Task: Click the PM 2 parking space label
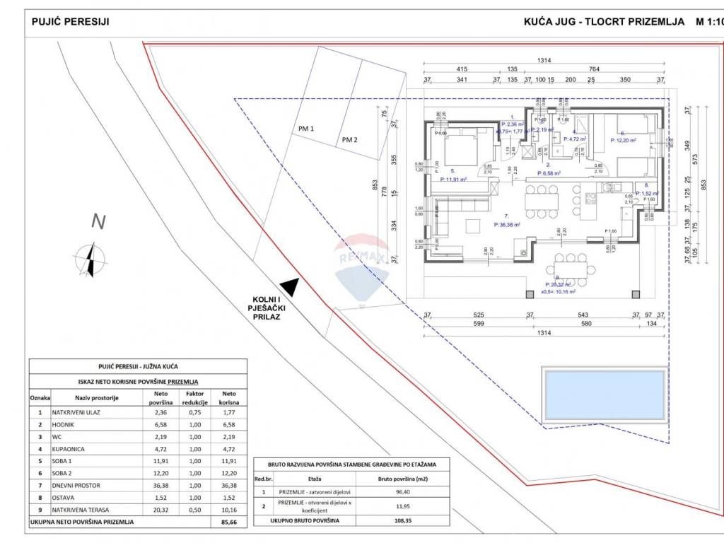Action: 349,139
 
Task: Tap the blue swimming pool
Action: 605,395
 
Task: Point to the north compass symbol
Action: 89,259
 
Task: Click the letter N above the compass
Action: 98,221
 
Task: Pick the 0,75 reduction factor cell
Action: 194,411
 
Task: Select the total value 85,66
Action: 229,522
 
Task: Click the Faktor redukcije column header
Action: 194,397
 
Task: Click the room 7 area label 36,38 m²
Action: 507,225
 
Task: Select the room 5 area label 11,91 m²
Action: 455,179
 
